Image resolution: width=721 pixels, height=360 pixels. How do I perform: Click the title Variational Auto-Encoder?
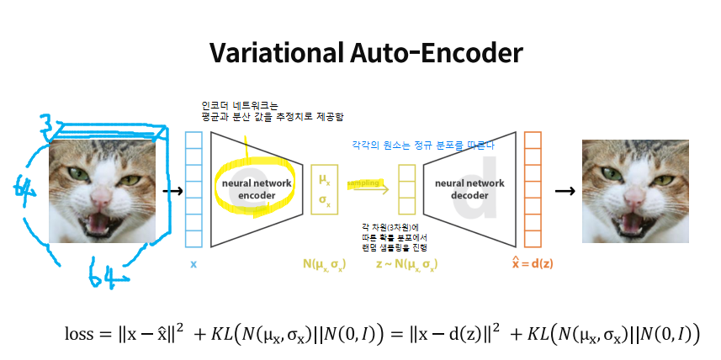click(366, 53)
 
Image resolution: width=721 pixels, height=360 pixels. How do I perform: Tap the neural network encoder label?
click(251, 188)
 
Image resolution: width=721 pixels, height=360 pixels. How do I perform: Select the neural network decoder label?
click(468, 188)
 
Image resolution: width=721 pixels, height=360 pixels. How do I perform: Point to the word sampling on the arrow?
click(364, 183)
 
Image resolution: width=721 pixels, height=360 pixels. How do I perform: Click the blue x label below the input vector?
click(194, 264)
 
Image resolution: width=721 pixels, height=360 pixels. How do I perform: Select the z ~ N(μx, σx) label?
click(406, 264)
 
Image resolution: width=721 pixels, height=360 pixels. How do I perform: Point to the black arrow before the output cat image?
click(565, 190)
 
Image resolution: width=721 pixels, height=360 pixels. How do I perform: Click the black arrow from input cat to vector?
click(172, 190)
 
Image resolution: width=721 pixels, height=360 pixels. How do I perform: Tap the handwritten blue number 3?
click(53, 129)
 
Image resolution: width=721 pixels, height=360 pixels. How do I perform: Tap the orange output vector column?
click(533, 190)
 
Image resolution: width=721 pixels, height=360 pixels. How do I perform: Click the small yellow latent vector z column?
click(407, 190)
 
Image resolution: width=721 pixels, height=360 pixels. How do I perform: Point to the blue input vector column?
click(194, 190)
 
